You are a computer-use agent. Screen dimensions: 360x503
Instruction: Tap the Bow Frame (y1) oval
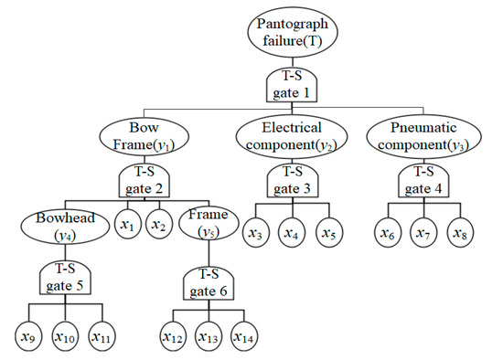point(146,137)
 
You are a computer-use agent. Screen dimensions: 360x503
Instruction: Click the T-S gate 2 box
point(146,183)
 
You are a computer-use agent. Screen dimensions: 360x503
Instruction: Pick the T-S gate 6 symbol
point(209,279)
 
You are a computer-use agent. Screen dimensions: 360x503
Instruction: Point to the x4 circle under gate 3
point(292,233)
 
